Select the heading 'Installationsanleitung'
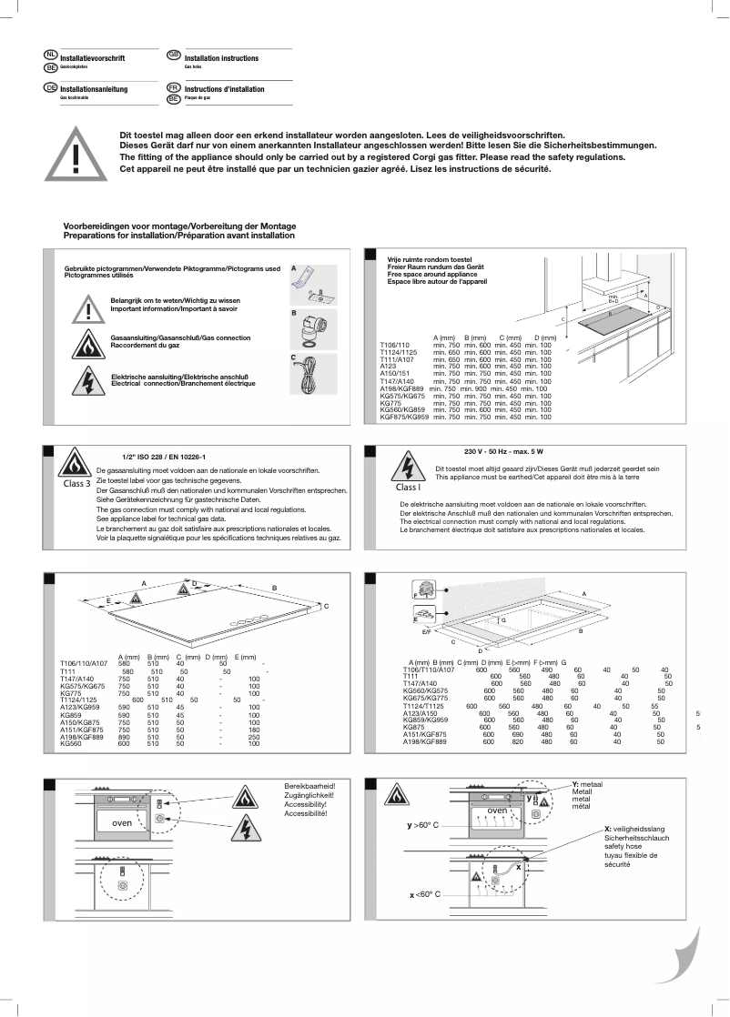[94, 89]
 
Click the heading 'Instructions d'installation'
[224, 89]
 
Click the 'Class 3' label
[76, 483]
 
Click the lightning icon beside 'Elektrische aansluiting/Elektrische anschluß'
[88, 378]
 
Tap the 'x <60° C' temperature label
[424, 895]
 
